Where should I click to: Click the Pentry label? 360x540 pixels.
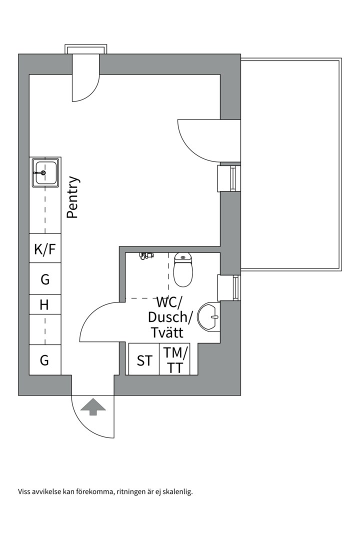pyautogui.click(x=73, y=197)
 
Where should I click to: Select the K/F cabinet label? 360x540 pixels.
pyautogui.click(x=45, y=249)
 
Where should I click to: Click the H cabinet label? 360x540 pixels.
pyautogui.click(x=44, y=304)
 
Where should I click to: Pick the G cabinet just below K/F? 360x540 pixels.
pyautogui.click(x=45, y=279)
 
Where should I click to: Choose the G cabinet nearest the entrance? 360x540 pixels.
pyautogui.click(x=44, y=359)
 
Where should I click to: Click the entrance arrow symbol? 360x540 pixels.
pyautogui.click(x=93, y=407)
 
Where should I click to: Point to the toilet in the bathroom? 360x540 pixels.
pyautogui.click(x=183, y=270)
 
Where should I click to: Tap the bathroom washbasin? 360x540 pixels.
pyautogui.click(x=209, y=316)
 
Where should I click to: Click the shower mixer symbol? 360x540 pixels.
pyautogui.click(x=144, y=256)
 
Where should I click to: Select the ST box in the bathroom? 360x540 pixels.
pyautogui.click(x=144, y=360)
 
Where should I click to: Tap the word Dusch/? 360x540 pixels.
pyautogui.click(x=170, y=317)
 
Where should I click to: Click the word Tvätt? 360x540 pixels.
pyautogui.click(x=167, y=332)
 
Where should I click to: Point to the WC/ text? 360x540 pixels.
pyautogui.click(x=170, y=302)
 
